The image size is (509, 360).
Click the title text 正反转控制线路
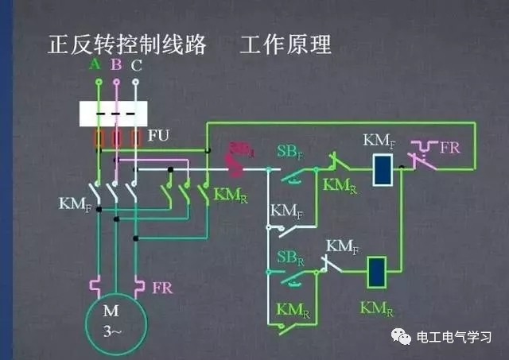tap(127, 45)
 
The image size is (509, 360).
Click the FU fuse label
tap(159, 137)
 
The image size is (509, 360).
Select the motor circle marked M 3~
tap(117, 319)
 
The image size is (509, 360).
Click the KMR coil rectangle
tap(376, 273)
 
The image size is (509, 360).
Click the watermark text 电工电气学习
tap(455, 338)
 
